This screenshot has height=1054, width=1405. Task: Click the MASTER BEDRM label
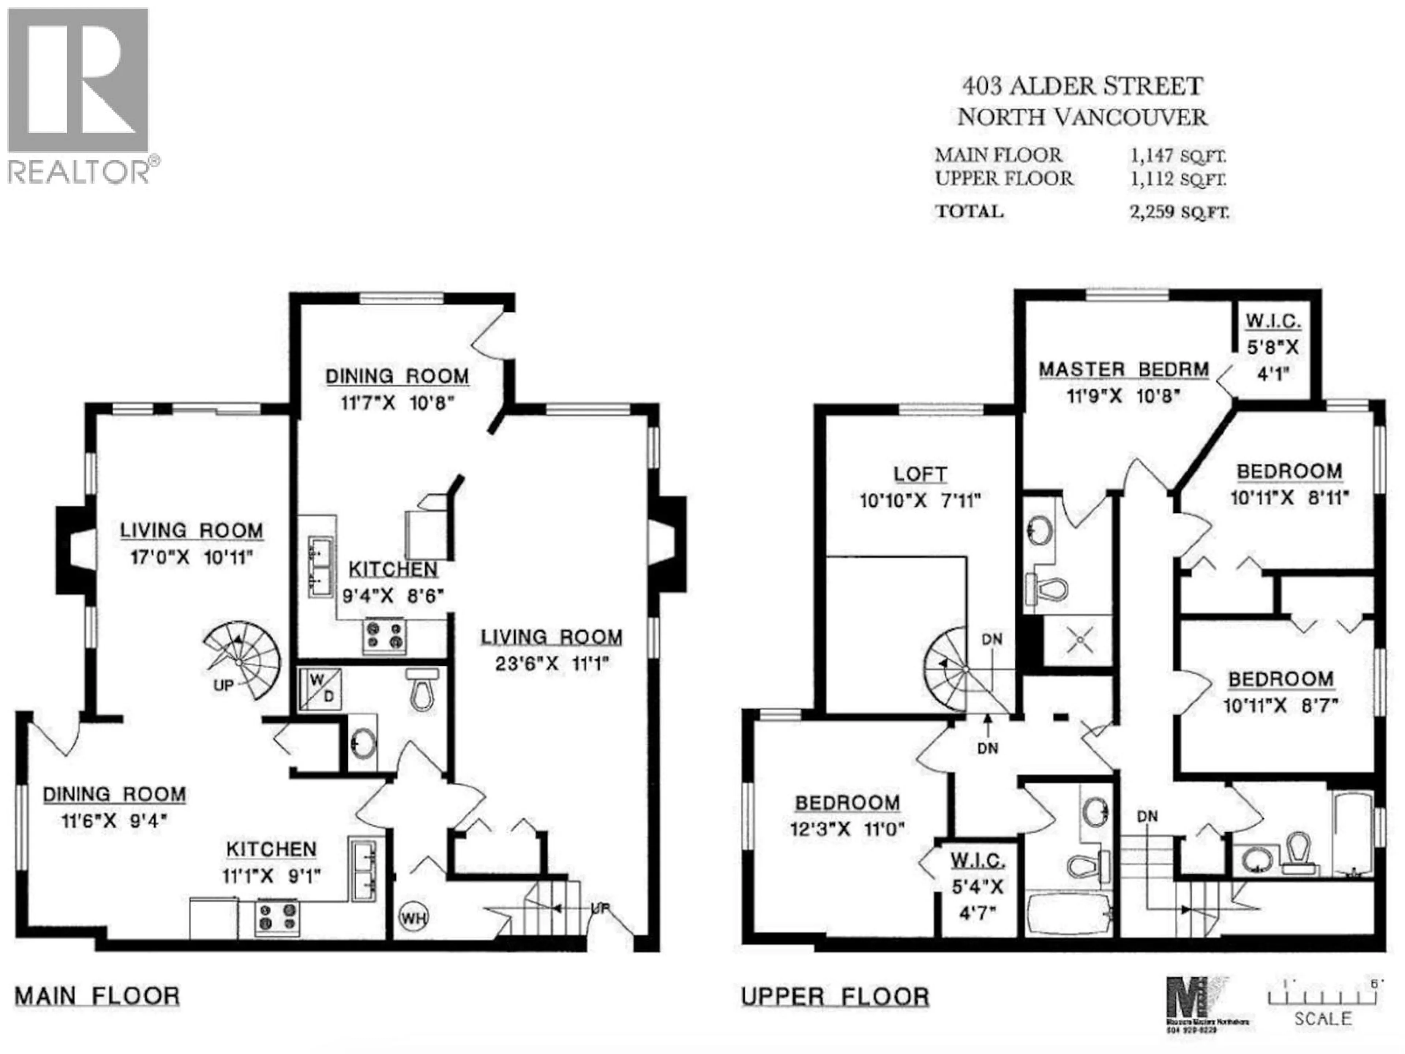[1123, 370]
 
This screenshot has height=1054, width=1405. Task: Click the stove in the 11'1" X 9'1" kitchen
[277, 917]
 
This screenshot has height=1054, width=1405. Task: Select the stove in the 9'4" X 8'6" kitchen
[384, 635]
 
